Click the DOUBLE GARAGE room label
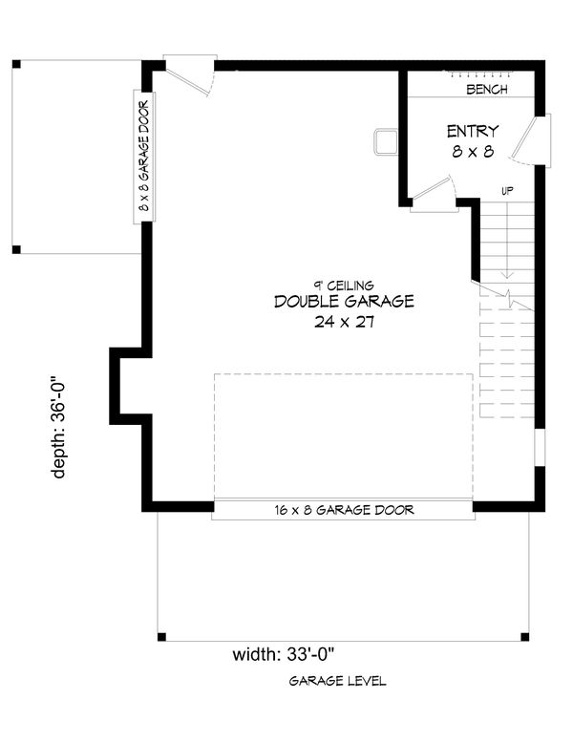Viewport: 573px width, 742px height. [x=344, y=302]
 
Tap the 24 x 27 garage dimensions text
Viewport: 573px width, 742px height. [x=344, y=322]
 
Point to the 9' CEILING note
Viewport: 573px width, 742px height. [x=344, y=286]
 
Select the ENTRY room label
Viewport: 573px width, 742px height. [x=473, y=131]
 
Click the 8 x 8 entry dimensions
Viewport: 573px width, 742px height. [x=473, y=152]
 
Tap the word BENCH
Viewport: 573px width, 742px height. [x=487, y=89]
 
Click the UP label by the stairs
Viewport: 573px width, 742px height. [x=507, y=191]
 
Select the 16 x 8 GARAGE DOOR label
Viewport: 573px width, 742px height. [x=344, y=510]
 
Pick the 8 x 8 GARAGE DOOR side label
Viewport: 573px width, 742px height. [x=144, y=157]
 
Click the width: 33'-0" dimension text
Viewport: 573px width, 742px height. [x=284, y=655]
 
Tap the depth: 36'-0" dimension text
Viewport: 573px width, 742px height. [x=58, y=427]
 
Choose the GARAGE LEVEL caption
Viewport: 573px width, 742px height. [x=337, y=681]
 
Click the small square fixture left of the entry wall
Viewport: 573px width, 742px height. [x=386, y=142]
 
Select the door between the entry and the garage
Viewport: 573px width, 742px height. [x=433, y=193]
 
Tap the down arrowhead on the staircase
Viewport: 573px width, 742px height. [x=507, y=274]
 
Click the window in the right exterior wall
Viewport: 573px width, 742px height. [x=540, y=448]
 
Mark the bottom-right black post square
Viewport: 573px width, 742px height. [x=524, y=637]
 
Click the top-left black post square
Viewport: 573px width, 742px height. [x=16, y=64]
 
